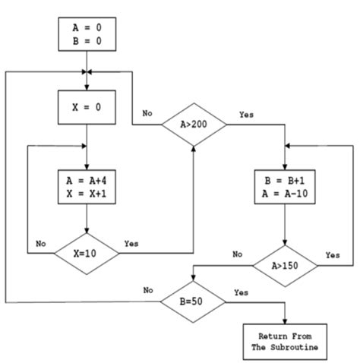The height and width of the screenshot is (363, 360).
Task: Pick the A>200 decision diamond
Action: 193,124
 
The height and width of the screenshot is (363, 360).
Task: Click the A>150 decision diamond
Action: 284,265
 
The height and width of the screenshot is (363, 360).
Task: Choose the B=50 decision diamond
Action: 192,302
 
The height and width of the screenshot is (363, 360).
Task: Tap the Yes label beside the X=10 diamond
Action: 131,245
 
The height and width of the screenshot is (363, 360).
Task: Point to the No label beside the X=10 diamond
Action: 42,245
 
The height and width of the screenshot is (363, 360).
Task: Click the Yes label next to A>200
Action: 246,114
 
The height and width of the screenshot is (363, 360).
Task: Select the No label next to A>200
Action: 147,114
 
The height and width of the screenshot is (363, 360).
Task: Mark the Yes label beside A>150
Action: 332,255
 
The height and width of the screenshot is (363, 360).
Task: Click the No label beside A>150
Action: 237,254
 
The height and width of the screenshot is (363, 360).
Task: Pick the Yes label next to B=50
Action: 242,292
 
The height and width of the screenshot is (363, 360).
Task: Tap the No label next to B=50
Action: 148,290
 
